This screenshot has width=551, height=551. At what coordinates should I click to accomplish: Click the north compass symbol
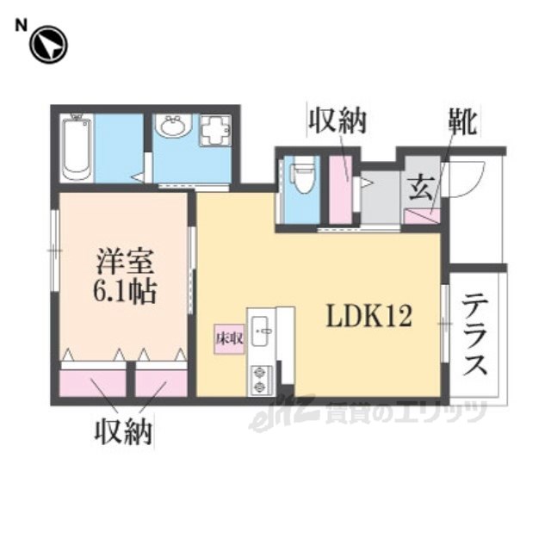(x=48, y=45)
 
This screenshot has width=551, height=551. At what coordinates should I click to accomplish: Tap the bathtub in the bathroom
(x=77, y=147)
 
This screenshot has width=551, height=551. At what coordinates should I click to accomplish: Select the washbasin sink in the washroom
(x=173, y=126)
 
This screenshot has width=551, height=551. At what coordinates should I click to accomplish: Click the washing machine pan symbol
(x=215, y=130)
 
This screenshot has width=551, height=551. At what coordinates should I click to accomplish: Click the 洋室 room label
(x=125, y=261)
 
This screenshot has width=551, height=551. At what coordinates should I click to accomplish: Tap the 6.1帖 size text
(x=124, y=291)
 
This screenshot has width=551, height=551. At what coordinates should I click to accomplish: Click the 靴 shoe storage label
(x=463, y=121)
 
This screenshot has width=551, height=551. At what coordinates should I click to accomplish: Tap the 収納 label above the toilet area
(x=337, y=121)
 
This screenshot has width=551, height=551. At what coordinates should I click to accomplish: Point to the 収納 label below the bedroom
(x=124, y=431)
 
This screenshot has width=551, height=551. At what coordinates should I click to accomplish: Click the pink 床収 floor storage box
(x=230, y=338)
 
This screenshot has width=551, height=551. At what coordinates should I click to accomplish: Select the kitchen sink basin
(x=260, y=331)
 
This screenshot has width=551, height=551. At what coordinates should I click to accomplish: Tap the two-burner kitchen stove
(x=260, y=379)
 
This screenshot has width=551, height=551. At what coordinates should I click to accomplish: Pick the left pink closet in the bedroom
(x=93, y=383)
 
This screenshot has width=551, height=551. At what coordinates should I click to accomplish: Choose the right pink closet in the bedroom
(x=162, y=383)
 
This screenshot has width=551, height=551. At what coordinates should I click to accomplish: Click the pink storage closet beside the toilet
(x=341, y=189)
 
